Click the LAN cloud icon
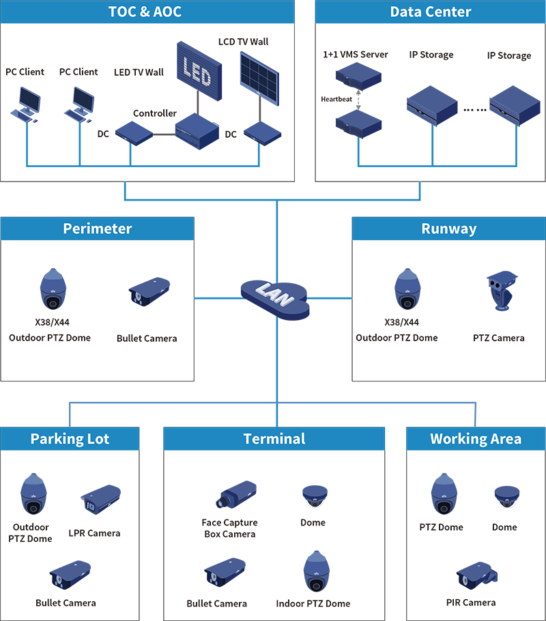pos(275,298)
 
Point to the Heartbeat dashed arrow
pos(358,99)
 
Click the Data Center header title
pos(431,12)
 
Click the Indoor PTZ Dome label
pos(313,603)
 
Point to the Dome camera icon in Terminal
pos(313,496)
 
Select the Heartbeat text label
pos(336,100)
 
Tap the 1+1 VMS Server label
pos(356,55)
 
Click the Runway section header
pos(449,229)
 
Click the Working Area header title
pos(476,439)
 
